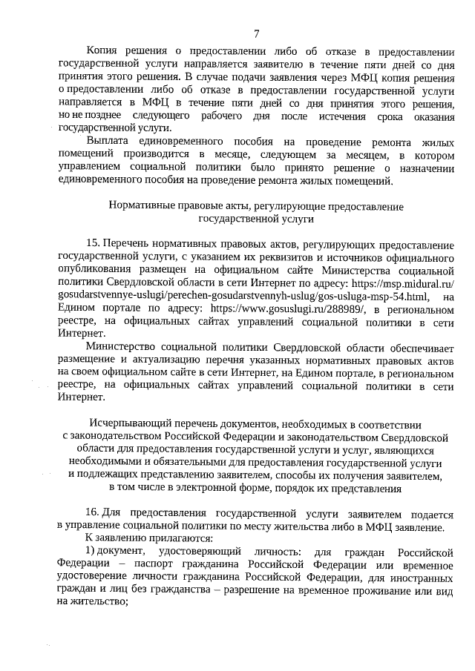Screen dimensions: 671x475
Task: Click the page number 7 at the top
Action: click(x=256, y=33)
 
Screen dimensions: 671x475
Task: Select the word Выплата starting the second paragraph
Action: click(x=108, y=140)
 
